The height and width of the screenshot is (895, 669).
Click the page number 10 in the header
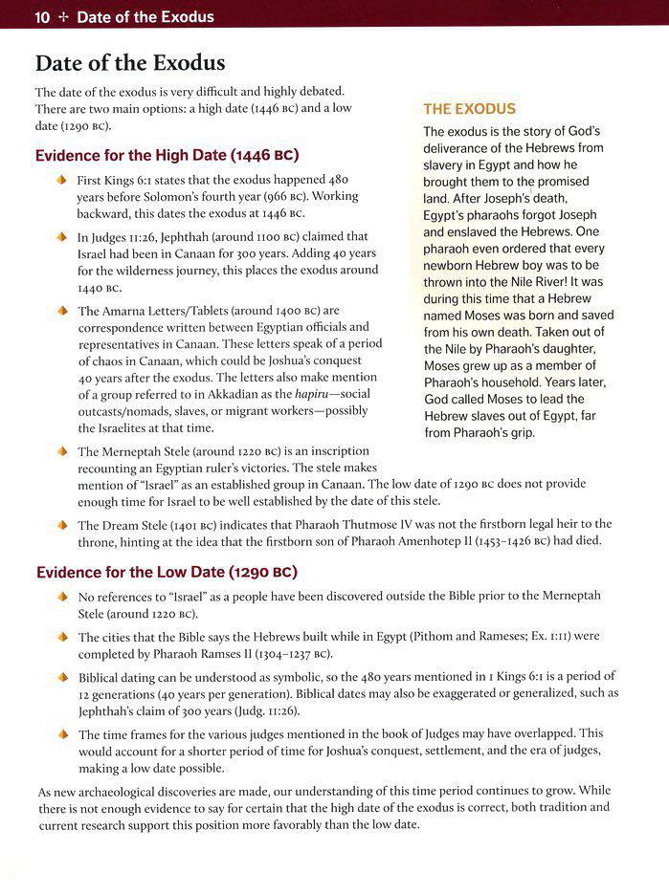(x=43, y=16)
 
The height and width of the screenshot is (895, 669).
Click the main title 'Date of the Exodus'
(x=129, y=63)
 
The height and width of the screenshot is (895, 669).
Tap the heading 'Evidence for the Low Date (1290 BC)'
(x=167, y=572)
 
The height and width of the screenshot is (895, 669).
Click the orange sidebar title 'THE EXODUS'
(x=469, y=109)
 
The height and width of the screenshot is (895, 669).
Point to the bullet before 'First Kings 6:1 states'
(x=64, y=180)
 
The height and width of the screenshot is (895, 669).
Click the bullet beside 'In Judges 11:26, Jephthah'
(x=64, y=235)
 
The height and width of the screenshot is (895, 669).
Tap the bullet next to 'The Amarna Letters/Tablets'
(x=64, y=311)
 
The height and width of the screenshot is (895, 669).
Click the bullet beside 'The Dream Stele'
(x=64, y=525)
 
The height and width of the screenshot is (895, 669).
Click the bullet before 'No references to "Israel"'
(x=64, y=596)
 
